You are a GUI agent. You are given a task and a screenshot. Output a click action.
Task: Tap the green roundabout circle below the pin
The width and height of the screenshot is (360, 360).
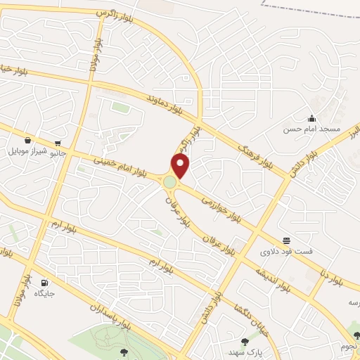170,183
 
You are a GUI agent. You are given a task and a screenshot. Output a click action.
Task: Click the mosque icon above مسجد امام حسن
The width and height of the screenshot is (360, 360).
311,118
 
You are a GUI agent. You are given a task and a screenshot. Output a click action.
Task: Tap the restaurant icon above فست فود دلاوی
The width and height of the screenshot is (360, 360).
286,240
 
